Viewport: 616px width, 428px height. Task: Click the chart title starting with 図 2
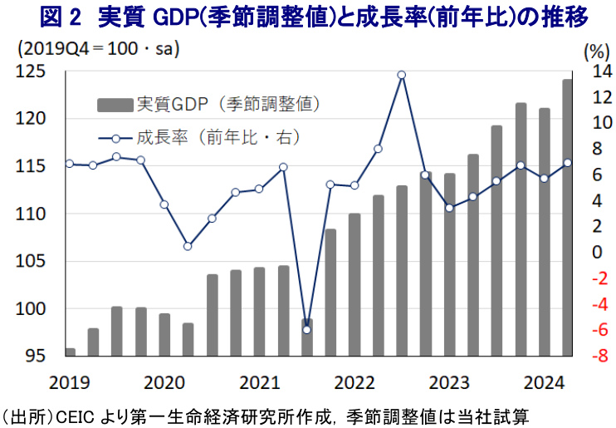[x=307, y=17]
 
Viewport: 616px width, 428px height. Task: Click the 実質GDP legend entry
[x=208, y=105]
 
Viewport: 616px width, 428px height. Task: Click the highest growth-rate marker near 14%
[x=401, y=75]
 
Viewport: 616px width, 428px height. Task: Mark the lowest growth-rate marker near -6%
[x=306, y=330]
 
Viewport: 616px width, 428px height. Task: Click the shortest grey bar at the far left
[x=70, y=352]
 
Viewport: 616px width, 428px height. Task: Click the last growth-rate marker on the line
[x=568, y=163]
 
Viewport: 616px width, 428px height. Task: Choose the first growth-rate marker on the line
[x=70, y=164]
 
